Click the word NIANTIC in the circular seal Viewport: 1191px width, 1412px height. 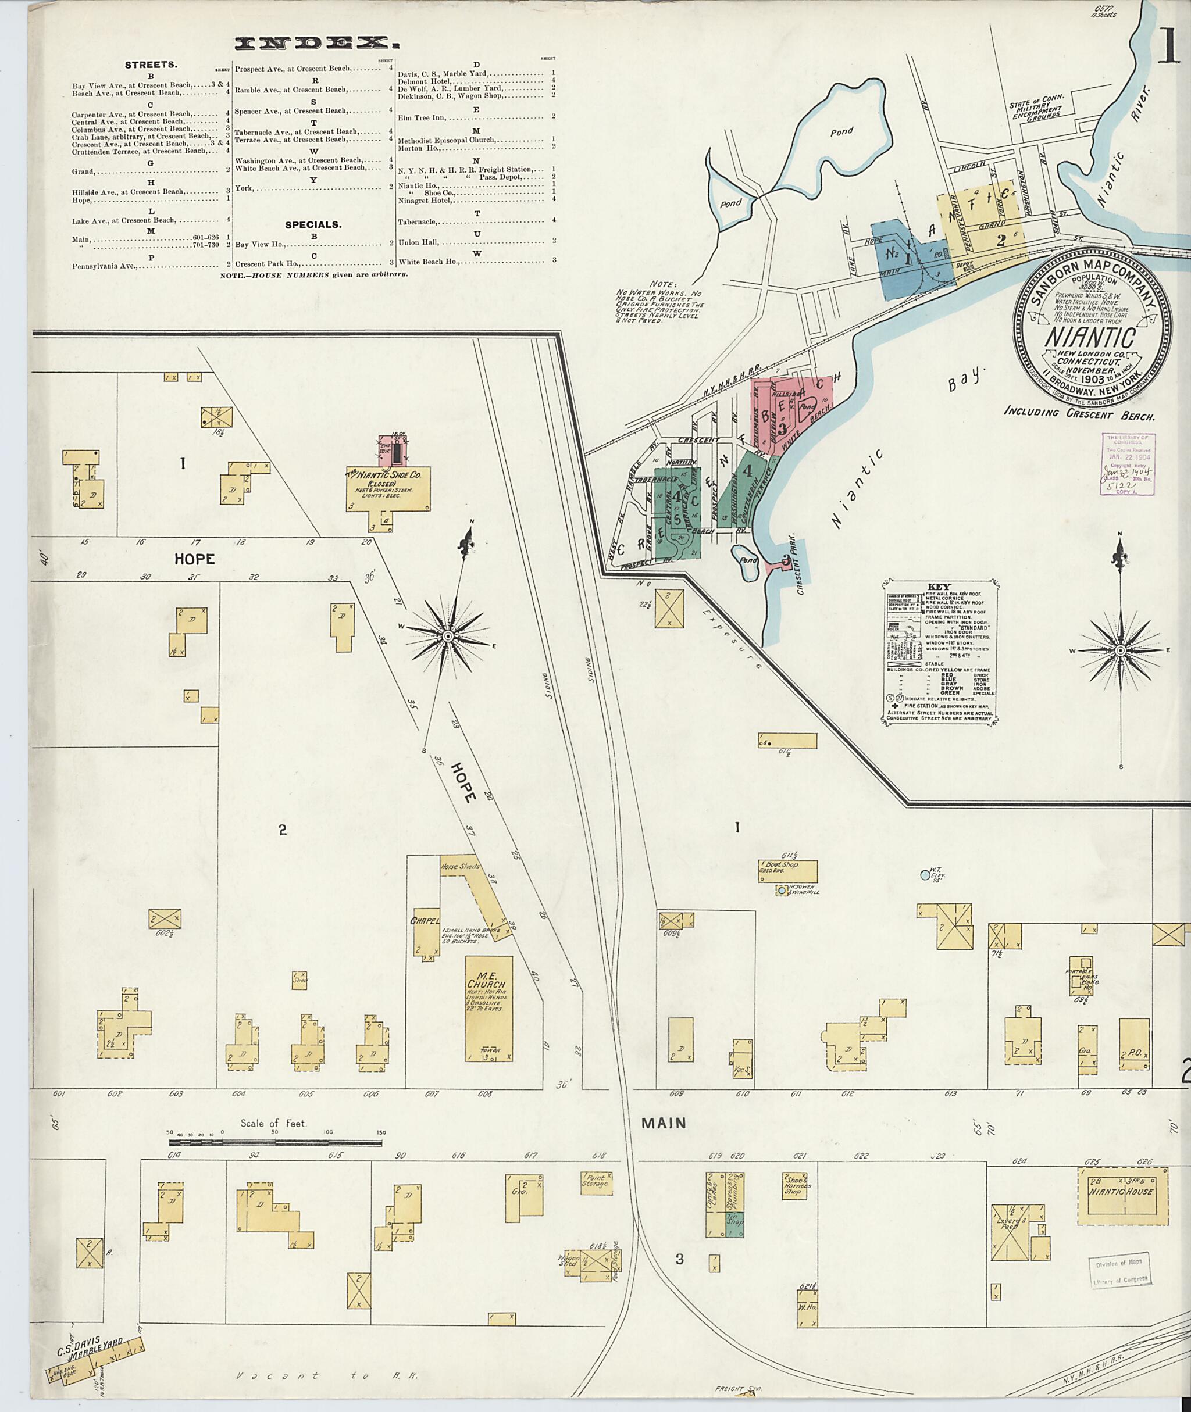point(1092,335)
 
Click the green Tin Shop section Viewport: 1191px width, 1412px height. point(734,1220)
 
